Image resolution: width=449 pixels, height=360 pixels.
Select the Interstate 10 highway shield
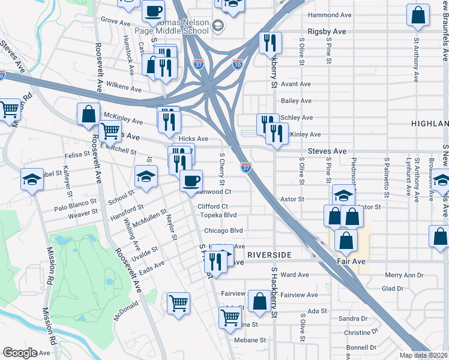(238, 64)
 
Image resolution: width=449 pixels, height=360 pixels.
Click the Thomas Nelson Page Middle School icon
(217, 25)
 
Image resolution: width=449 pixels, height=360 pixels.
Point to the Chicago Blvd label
(223, 230)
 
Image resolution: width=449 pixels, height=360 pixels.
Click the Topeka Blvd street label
(218, 215)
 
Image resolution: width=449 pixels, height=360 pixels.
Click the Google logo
(20, 353)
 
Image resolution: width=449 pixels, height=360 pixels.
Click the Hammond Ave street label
(328, 15)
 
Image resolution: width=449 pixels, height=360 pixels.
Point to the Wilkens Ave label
(122, 86)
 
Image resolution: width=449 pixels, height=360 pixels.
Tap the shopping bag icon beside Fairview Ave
(259, 301)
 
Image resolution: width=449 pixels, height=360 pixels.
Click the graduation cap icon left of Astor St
(343, 195)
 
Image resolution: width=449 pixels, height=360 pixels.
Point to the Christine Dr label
(360, 332)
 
